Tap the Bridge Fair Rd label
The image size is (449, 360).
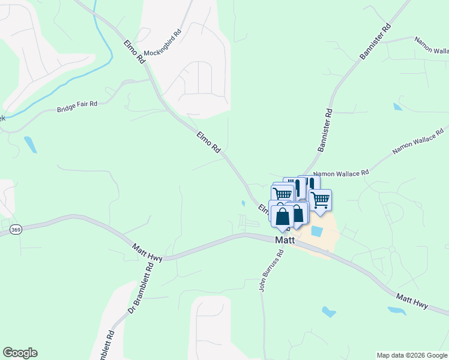77,107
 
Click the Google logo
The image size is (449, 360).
20,353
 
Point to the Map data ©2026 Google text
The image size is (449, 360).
412,355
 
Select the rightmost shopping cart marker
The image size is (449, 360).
320,200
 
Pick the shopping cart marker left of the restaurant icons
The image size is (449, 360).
282,193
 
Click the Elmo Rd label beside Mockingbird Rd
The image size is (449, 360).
134,52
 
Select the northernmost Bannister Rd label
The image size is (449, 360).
376,42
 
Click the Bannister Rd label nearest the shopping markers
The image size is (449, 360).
325,129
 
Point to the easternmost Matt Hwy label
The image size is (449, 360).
412,301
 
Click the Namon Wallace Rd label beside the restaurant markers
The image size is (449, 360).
341,173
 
